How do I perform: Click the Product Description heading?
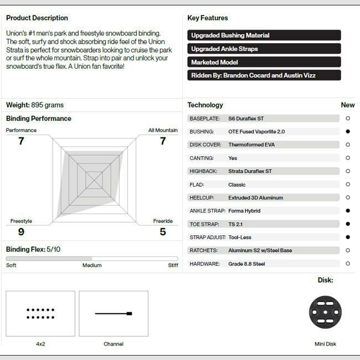pos(37,18)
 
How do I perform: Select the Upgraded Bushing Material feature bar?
pos(264,35)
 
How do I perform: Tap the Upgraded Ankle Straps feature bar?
pos(264,49)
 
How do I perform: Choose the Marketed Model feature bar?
pos(264,62)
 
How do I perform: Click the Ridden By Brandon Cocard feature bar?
pos(264,75)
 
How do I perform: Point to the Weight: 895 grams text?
pos(35,105)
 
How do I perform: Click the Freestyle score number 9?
pos(21,232)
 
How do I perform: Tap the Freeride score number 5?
pos(163,232)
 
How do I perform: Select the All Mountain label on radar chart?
pos(163,130)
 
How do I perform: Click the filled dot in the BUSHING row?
pos(348,132)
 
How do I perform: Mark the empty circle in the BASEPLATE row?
pos(348,119)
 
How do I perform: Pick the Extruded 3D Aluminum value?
pos(255,198)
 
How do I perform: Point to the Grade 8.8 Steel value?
pos(246,264)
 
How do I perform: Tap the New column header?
pos(348,105)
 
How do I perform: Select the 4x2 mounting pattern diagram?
pos(40,313)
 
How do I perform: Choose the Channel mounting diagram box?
pos(114,313)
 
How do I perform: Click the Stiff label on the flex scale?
pos(173,265)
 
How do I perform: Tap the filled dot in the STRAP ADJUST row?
pos(348,237)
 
